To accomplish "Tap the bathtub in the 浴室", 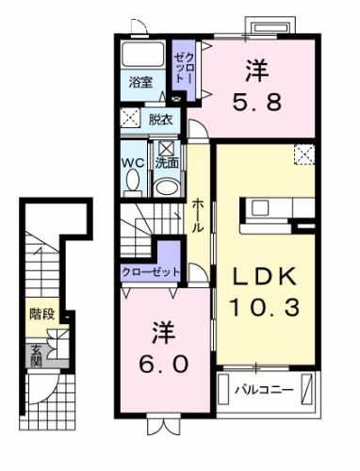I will (144, 54).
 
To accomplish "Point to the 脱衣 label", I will (159, 119).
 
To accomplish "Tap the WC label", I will (132, 162).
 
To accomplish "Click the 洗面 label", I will (167, 162).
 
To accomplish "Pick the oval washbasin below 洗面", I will (167, 187).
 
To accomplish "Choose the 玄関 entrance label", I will (37, 354).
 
